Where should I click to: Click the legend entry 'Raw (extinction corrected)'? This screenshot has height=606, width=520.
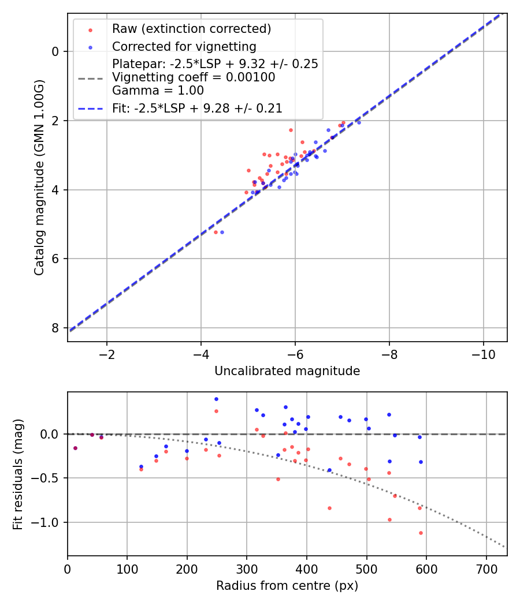191,29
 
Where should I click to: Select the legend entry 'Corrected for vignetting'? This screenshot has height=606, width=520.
184,46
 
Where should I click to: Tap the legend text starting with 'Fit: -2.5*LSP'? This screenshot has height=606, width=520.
197,107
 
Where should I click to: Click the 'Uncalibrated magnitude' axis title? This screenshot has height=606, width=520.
287,371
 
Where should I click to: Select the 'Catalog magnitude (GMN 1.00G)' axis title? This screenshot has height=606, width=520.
39,178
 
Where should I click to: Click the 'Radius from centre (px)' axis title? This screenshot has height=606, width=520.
287,586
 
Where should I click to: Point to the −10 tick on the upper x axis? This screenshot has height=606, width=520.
483,353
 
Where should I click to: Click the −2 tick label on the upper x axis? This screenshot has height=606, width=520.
107,353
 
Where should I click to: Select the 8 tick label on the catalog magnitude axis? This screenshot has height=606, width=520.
56,328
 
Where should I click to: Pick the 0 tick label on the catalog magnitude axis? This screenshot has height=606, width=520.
56,51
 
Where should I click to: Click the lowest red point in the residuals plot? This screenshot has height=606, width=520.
421,533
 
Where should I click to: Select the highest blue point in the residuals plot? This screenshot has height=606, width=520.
216,399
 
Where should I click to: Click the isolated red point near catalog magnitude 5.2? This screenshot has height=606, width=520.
216,232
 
